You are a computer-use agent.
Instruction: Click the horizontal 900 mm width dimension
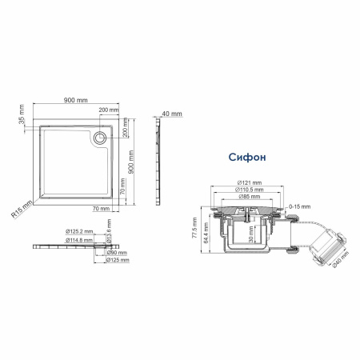click(76, 102)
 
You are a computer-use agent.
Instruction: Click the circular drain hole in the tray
click(100, 137)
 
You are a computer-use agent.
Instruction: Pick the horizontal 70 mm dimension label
click(100, 208)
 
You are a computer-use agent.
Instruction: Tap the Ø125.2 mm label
click(79, 232)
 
